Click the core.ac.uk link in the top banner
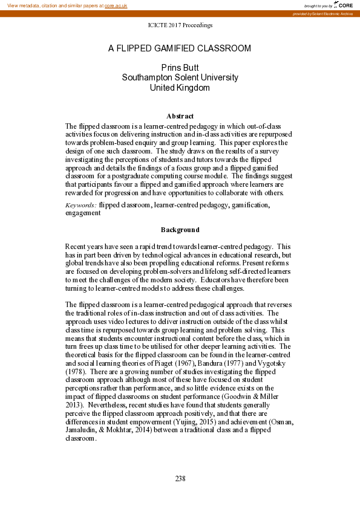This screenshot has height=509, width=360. [116, 5]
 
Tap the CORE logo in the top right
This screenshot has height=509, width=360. [345, 5]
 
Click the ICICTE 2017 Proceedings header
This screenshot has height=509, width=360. [180, 25]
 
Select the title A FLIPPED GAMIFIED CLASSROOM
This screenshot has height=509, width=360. [180, 48]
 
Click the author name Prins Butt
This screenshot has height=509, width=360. [180, 68]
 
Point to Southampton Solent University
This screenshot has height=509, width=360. [180, 77]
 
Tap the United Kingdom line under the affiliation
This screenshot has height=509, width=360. [180, 88]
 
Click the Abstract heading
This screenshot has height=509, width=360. [180, 116]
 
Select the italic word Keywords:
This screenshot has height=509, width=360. [80, 206]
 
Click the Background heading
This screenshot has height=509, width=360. [180, 230]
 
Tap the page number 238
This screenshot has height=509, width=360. [180, 479]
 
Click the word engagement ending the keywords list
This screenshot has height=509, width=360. [83, 213]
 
